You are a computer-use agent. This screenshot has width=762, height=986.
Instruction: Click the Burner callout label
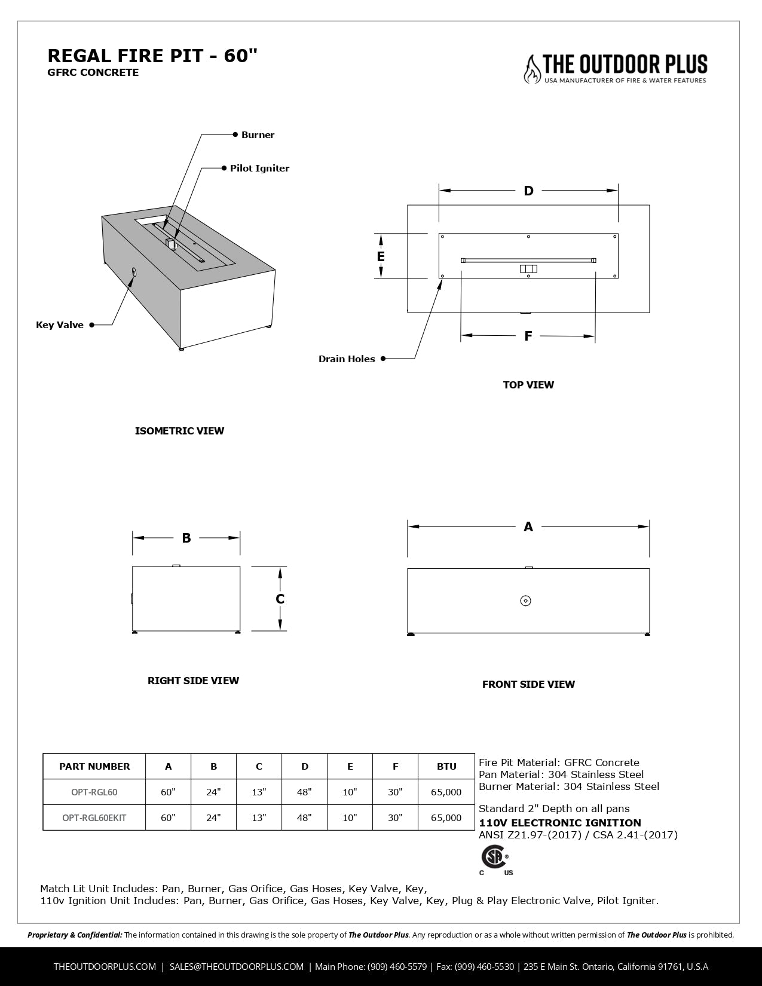tap(258, 135)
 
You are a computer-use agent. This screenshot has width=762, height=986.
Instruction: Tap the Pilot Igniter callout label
tap(259, 169)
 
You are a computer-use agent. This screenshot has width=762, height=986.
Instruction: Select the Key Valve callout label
tap(60, 325)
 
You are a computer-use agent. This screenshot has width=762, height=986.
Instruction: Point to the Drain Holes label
tap(347, 359)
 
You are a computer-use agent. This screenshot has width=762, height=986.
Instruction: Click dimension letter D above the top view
tap(528, 191)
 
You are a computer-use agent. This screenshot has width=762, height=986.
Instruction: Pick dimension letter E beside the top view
tap(381, 256)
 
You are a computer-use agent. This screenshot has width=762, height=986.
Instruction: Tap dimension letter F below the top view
tap(528, 336)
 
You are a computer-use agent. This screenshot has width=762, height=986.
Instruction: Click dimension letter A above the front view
tap(528, 527)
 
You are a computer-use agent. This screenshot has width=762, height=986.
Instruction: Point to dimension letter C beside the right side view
tap(280, 599)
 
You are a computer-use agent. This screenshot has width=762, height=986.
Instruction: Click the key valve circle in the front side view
tap(526, 601)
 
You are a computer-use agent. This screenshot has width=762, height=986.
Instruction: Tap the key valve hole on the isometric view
tap(133, 272)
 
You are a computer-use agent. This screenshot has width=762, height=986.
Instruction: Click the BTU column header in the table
tap(446, 767)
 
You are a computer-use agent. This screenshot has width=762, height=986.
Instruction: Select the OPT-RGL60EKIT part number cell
tap(94, 818)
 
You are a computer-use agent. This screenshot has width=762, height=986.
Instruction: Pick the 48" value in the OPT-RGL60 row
tap(304, 792)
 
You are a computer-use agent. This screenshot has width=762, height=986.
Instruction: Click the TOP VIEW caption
tap(528, 385)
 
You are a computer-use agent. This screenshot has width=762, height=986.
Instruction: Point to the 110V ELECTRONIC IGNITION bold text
tap(560, 823)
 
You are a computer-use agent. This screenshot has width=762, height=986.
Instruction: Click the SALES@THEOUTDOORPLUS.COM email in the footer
tap(237, 967)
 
